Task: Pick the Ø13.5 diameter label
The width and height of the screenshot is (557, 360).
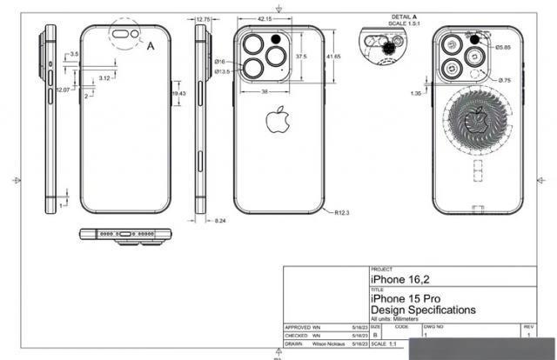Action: pyautogui.click(x=223, y=71)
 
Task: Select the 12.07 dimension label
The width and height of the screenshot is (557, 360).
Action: pyautogui.click(x=63, y=90)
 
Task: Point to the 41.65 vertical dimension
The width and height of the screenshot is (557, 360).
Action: pyautogui.click(x=333, y=56)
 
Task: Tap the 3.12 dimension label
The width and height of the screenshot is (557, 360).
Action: pyautogui.click(x=104, y=78)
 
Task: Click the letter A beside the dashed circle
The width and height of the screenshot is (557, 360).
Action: pyautogui.click(x=151, y=43)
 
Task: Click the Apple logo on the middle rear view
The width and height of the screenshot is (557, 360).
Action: pyautogui.click(x=276, y=121)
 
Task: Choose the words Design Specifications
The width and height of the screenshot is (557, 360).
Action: pyautogui.click(x=424, y=310)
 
